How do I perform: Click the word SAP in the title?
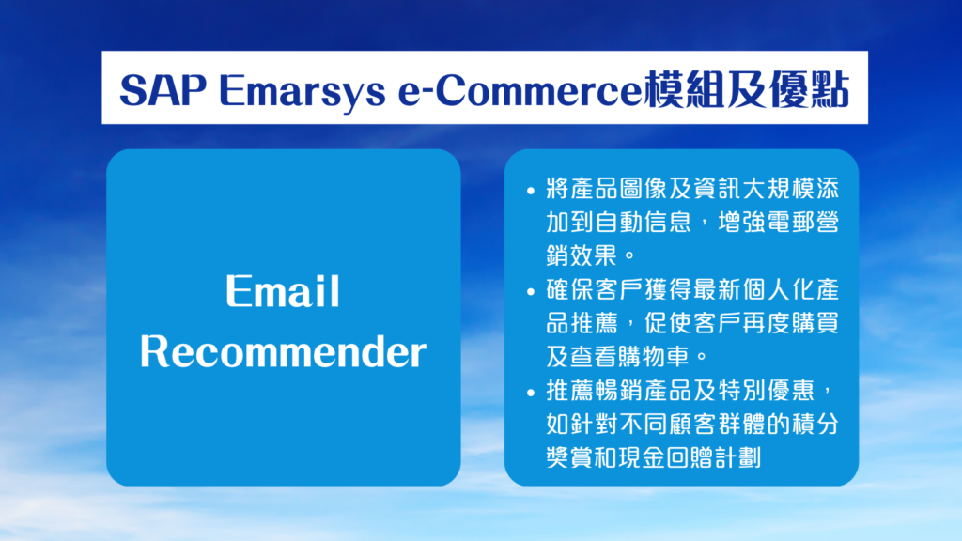point(163,89)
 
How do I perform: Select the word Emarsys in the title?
point(303,91)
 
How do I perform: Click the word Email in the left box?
point(282,290)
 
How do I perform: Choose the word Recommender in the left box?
point(283,351)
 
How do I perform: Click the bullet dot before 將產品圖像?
point(531,191)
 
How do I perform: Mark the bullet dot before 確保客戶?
point(531,292)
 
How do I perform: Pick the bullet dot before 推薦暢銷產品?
point(531,393)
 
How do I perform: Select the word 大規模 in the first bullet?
point(778,189)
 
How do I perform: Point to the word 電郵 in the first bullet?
point(790,222)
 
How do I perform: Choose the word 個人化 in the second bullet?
point(778,289)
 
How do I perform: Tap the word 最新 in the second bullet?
point(717,289)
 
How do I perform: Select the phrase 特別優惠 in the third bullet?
point(766,390)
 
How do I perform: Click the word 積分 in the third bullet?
point(815,424)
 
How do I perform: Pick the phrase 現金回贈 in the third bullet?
point(668,457)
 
